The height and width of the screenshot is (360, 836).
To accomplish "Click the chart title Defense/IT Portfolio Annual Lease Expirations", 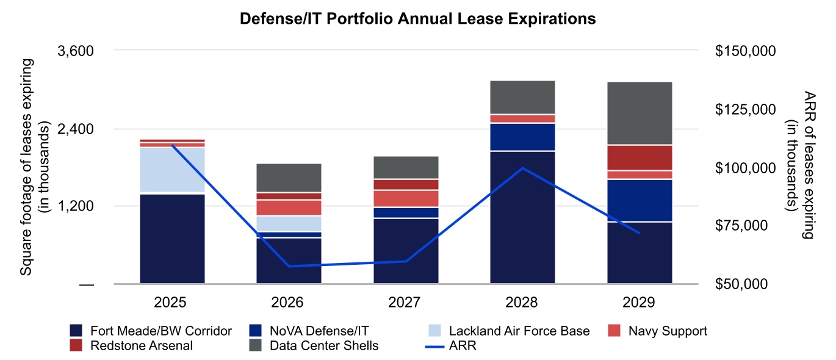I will [x=417, y=20].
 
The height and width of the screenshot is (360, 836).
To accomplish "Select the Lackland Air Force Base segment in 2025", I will [x=172, y=170].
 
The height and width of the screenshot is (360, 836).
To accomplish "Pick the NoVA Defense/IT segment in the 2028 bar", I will [x=522, y=137].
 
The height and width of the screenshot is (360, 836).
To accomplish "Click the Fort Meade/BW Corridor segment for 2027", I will [x=406, y=251].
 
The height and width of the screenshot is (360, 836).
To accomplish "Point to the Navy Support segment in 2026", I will [x=289, y=207].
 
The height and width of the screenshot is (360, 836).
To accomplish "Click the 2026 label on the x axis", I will [x=289, y=303].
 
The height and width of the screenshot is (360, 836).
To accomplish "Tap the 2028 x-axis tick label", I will [x=522, y=303].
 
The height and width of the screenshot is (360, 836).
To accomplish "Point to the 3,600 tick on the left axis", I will [x=75, y=51].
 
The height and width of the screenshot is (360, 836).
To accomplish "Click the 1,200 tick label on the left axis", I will [x=75, y=206].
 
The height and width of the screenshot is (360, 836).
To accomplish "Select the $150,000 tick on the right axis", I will [x=745, y=51].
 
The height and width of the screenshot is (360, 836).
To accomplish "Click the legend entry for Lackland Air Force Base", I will [x=519, y=331].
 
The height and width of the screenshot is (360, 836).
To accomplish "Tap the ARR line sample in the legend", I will [x=435, y=346].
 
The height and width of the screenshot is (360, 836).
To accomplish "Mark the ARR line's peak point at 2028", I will [x=522, y=168].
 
